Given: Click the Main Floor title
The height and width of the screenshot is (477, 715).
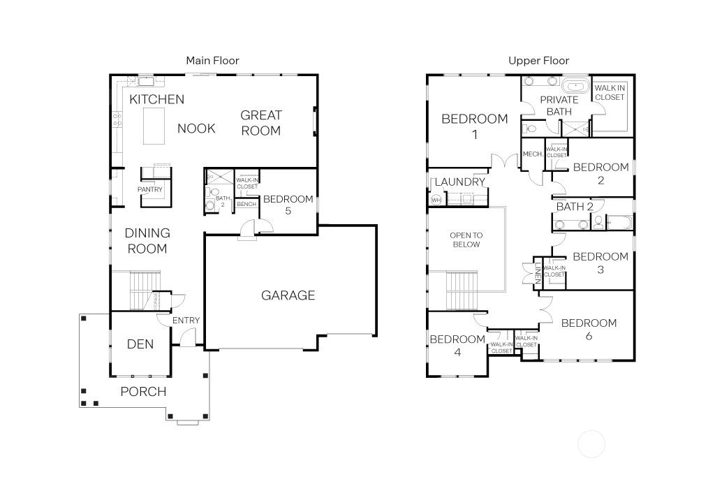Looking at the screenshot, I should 212,61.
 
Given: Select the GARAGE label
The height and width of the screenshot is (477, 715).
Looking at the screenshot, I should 288,295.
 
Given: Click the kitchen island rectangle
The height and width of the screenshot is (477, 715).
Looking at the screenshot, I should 154,126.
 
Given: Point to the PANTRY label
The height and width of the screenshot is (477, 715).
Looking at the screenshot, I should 149,189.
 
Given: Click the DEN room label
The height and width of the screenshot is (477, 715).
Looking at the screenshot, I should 140,344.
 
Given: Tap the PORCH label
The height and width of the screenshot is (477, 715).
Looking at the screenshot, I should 143,391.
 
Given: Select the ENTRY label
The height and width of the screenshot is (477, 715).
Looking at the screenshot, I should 186,321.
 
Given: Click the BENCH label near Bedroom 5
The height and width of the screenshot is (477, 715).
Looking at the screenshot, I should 246,204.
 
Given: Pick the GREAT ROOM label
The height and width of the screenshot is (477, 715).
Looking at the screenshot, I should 260,123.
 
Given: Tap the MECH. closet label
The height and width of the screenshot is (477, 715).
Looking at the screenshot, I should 532,154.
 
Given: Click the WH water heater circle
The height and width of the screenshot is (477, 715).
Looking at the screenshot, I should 437,200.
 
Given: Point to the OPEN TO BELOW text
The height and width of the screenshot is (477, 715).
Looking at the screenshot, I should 466,240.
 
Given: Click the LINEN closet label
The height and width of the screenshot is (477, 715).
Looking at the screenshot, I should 537,272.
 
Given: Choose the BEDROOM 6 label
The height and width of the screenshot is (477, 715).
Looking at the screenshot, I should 589,330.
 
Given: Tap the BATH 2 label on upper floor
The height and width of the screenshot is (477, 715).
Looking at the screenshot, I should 574,207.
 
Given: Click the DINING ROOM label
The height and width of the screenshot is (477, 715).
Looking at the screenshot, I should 147,241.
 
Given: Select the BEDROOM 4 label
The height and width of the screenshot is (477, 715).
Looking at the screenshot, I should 457,346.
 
